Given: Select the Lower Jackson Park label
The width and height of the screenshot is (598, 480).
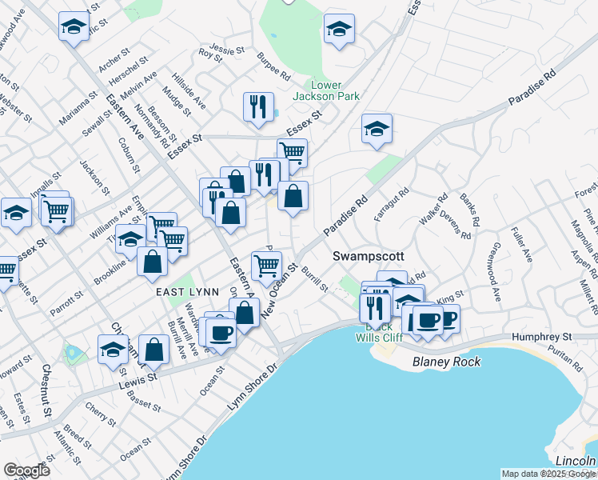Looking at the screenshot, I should coord(336,90).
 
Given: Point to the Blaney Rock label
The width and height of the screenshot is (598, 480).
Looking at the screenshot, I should coord(447,362).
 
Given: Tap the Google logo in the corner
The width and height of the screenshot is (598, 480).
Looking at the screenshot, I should coord(26,470).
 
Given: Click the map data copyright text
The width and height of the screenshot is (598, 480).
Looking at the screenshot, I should coord(548,474).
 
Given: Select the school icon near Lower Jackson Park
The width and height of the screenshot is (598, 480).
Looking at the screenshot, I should coord(339,30).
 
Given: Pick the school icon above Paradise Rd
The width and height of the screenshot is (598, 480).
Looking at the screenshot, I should coord(376,129).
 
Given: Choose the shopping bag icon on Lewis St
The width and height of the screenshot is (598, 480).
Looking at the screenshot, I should coord(153,349).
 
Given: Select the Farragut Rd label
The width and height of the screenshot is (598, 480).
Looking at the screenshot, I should coord(393,205).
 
